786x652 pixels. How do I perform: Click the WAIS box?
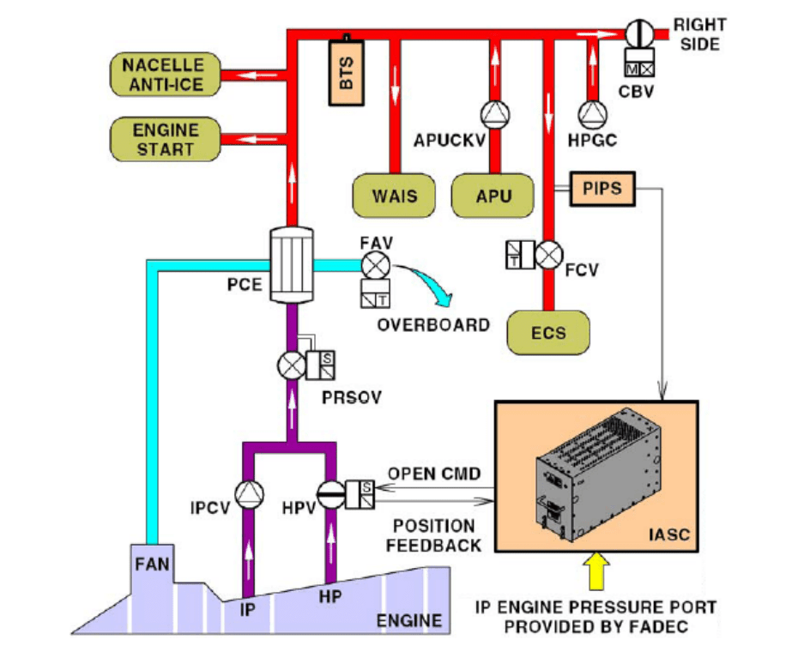click(394, 196)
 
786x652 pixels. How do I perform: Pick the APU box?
click(493, 196)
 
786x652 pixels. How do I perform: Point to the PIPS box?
click(601, 188)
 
